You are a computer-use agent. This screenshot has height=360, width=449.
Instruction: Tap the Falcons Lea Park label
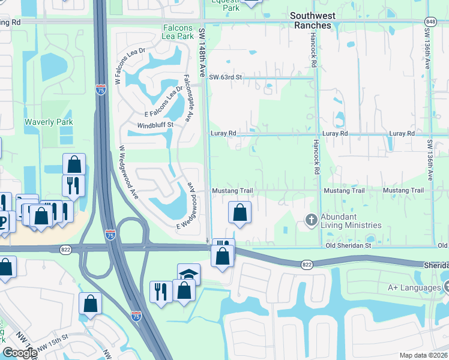tap(186, 33)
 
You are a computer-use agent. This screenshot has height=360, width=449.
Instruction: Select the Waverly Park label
tap(49, 122)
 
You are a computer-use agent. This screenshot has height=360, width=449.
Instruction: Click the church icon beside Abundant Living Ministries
tap(311, 220)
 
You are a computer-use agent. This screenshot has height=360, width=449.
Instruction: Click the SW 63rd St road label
tap(225, 77)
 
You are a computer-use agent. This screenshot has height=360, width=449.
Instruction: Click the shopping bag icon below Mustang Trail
tap(240, 212)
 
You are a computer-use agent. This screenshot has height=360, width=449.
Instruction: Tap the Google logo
tap(20, 353)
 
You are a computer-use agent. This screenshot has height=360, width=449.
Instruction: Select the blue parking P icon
tap(4, 220)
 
